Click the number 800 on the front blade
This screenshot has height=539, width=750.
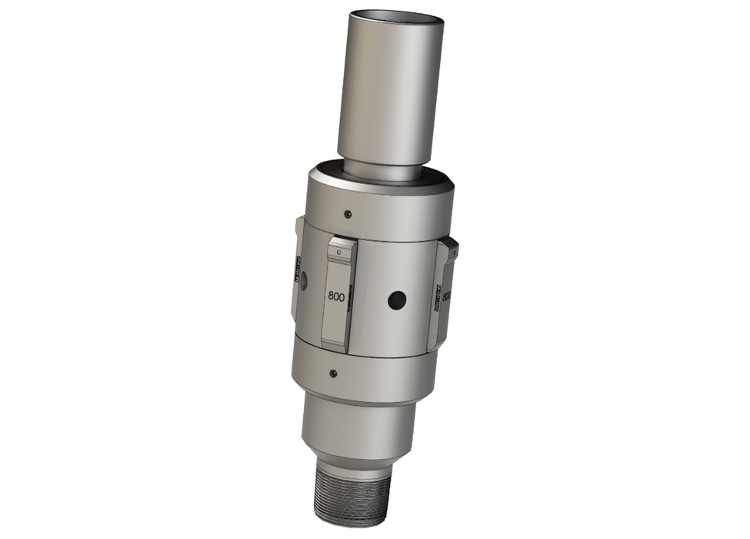[335, 296]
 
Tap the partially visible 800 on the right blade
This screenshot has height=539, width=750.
[448, 295]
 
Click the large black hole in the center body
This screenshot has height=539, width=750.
[396, 300]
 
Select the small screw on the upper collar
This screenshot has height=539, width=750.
[348, 213]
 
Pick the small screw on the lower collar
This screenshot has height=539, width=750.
[332, 373]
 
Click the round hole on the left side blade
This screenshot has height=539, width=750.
[302, 282]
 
